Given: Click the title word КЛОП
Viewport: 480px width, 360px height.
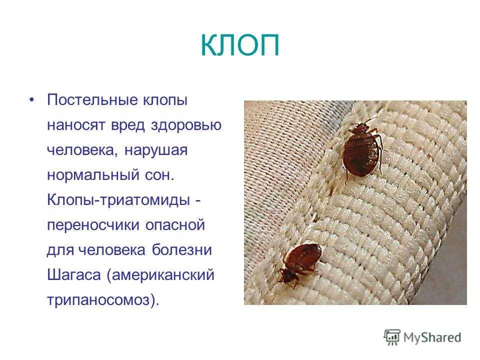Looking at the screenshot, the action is (240, 45).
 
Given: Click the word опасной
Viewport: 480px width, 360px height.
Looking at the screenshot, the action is (175, 224).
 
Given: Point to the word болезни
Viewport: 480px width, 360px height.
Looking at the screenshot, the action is (182, 250).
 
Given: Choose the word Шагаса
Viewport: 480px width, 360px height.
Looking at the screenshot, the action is (74, 275).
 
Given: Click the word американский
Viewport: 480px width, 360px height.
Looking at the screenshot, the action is (162, 275).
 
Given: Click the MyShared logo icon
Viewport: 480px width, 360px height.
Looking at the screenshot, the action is (392, 337).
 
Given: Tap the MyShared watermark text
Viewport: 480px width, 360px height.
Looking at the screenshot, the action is (432, 338).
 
